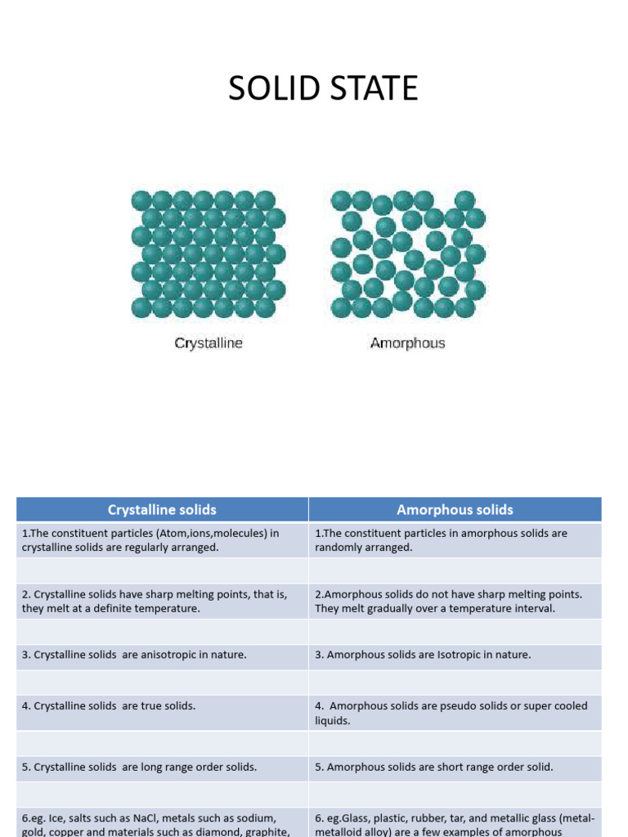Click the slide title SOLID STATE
[323, 88]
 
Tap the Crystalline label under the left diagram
[209, 343]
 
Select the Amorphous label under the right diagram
[407, 343]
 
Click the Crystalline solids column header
[162, 509]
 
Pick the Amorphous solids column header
[455, 509]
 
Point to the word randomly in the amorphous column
[341, 548]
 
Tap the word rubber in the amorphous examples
[424, 818]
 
